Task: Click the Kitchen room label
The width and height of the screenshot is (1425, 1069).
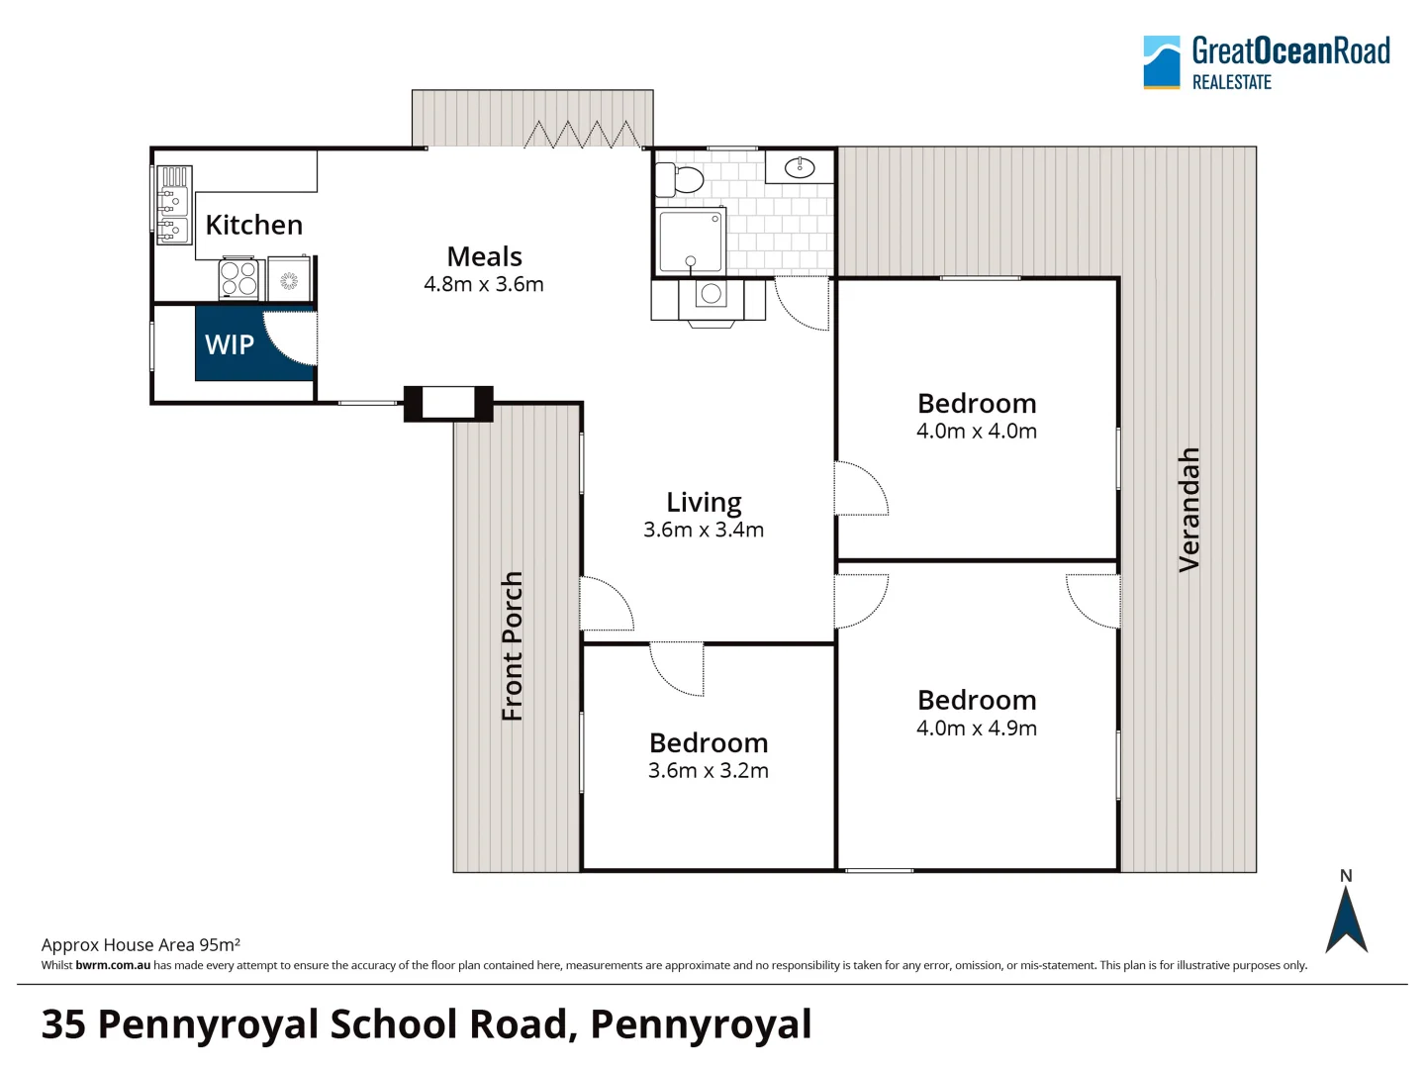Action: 253,226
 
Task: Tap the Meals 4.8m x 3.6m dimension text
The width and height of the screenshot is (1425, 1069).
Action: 484,285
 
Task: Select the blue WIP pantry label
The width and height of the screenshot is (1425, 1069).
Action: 230,344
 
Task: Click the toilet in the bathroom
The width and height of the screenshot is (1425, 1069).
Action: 681,180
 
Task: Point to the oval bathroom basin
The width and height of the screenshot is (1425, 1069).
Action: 800,167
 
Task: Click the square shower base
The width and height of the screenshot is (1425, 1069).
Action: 691,241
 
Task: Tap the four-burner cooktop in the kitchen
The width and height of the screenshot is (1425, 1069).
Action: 238,279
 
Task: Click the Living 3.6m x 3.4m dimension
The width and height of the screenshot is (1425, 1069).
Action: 704,531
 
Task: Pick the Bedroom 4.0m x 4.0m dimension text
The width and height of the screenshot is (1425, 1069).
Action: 977,432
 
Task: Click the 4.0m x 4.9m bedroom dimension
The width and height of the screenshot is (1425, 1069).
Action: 977,729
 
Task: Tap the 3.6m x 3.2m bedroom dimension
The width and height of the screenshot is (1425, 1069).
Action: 709,771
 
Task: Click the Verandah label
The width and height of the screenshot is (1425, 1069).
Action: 1188,510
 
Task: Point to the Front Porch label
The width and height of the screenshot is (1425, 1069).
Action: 512,646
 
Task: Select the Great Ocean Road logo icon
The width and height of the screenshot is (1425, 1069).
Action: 1162,62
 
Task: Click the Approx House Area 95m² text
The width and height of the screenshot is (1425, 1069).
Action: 141,945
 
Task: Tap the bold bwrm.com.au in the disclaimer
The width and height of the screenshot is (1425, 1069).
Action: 113,965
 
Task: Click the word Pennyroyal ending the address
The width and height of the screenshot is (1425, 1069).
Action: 701,1024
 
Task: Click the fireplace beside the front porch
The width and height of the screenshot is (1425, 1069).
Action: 448,403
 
